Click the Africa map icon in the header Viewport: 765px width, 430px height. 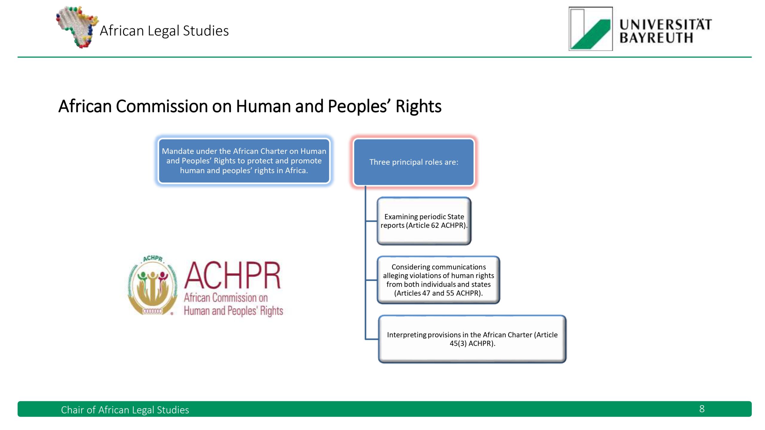coord(77,27)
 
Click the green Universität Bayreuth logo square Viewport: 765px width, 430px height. coord(590,29)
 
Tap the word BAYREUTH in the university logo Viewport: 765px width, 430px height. coord(656,38)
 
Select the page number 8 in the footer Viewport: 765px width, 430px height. coord(702,409)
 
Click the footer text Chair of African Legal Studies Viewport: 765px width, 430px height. coord(125,410)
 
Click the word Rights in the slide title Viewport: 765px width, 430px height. coord(418,106)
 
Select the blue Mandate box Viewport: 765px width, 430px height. coord(244,161)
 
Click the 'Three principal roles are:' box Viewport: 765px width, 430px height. coord(414,162)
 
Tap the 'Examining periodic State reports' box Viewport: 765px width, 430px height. coord(424,221)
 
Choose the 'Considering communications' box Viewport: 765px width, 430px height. coord(438,280)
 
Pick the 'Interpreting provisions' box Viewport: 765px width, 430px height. coord(472,339)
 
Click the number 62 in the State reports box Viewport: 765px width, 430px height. coord(435,225)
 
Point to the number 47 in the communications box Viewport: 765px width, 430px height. coord(426,293)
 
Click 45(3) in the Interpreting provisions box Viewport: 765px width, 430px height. coord(458,343)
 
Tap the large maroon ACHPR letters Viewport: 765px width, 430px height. coord(232,275)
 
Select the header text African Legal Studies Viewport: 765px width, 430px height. coord(164,30)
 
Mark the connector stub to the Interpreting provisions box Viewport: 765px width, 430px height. coord(372,339)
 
